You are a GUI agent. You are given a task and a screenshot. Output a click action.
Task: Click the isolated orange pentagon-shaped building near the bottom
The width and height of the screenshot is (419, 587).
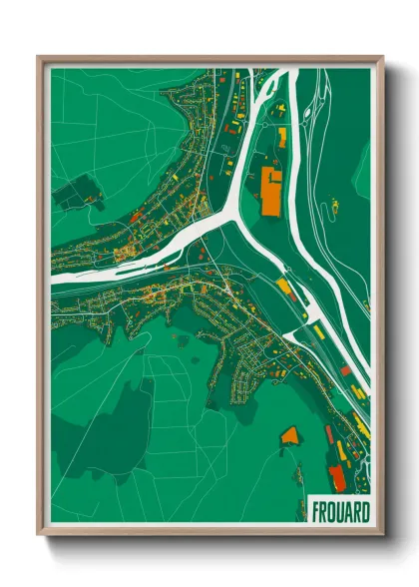pyautogui.click(x=290, y=435)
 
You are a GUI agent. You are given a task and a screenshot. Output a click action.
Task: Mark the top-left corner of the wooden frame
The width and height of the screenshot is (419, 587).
pyautogui.click(x=39, y=58)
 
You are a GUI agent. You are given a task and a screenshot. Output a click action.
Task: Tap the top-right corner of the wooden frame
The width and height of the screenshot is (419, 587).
pyautogui.click(x=382, y=58)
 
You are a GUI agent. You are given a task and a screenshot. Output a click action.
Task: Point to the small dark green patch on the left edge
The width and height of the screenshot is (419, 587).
pyautogui.click(x=75, y=192)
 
